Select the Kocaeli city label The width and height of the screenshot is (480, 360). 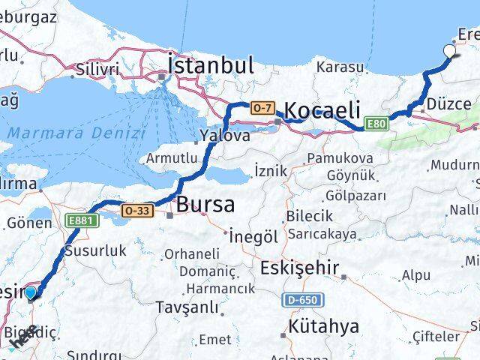pyautogui.click(x=323, y=109)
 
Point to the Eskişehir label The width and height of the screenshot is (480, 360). pyautogui.click(x=299, y=268)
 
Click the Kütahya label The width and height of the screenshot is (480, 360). pyautogui.click(x=324, y=326)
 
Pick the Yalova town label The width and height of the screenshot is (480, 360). pyautogui.click(x=224, y=136)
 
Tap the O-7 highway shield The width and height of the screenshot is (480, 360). pyautogui.click(x=262, y=107)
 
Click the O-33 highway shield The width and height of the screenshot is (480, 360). pyautogui.click(x=136, y=211)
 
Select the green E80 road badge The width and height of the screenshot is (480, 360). pyautogui.click(x=376, y=124)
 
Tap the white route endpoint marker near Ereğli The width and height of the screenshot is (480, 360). pyautogui.click(x=450, y=52)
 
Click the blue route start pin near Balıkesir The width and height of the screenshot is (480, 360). pyautogui.click(x=31, y=292)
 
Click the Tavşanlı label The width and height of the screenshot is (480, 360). pyautogui.click(x=187, y=307)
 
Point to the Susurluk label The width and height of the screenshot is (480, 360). pyautogui.click(x=96, y=251)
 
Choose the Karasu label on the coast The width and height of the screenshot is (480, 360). pyautogui.click(x=340, y=67)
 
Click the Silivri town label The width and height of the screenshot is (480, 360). pyautogui.click(x=97, y=70)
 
